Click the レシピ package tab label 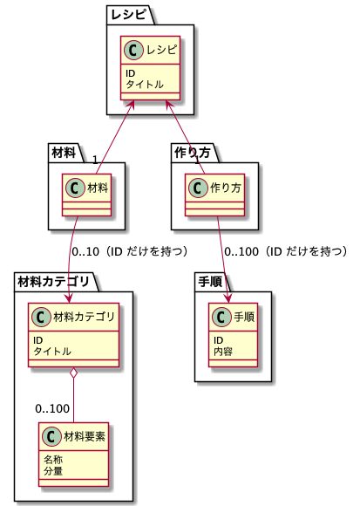[x=129, y=14]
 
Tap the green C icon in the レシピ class [x=133, y=50]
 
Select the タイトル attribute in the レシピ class [x=145, y=85]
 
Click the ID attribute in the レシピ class [x=130, y=73]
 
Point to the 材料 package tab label [x=64, y=153]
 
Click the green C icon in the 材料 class [x=76, y=188]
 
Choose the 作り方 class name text [x=226, y=188]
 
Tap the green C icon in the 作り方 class [x=198, y=188]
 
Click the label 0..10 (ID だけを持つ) [x=130, y=252]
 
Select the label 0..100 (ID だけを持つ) [x=287, y=252]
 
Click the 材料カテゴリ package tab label [x=53, y=282]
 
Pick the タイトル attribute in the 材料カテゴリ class [x=52, y=351]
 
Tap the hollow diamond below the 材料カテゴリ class [x=74, y=373]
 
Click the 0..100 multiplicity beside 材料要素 [x=52, y=409]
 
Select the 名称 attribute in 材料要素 [x=53, y=460]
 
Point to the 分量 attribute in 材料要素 [x=53, y=471]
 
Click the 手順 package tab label [x=210, y=282]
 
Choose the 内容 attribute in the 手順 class [x=223, y=351]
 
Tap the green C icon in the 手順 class [x=221, y=318]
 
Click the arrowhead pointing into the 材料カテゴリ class [x=69, y=298]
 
